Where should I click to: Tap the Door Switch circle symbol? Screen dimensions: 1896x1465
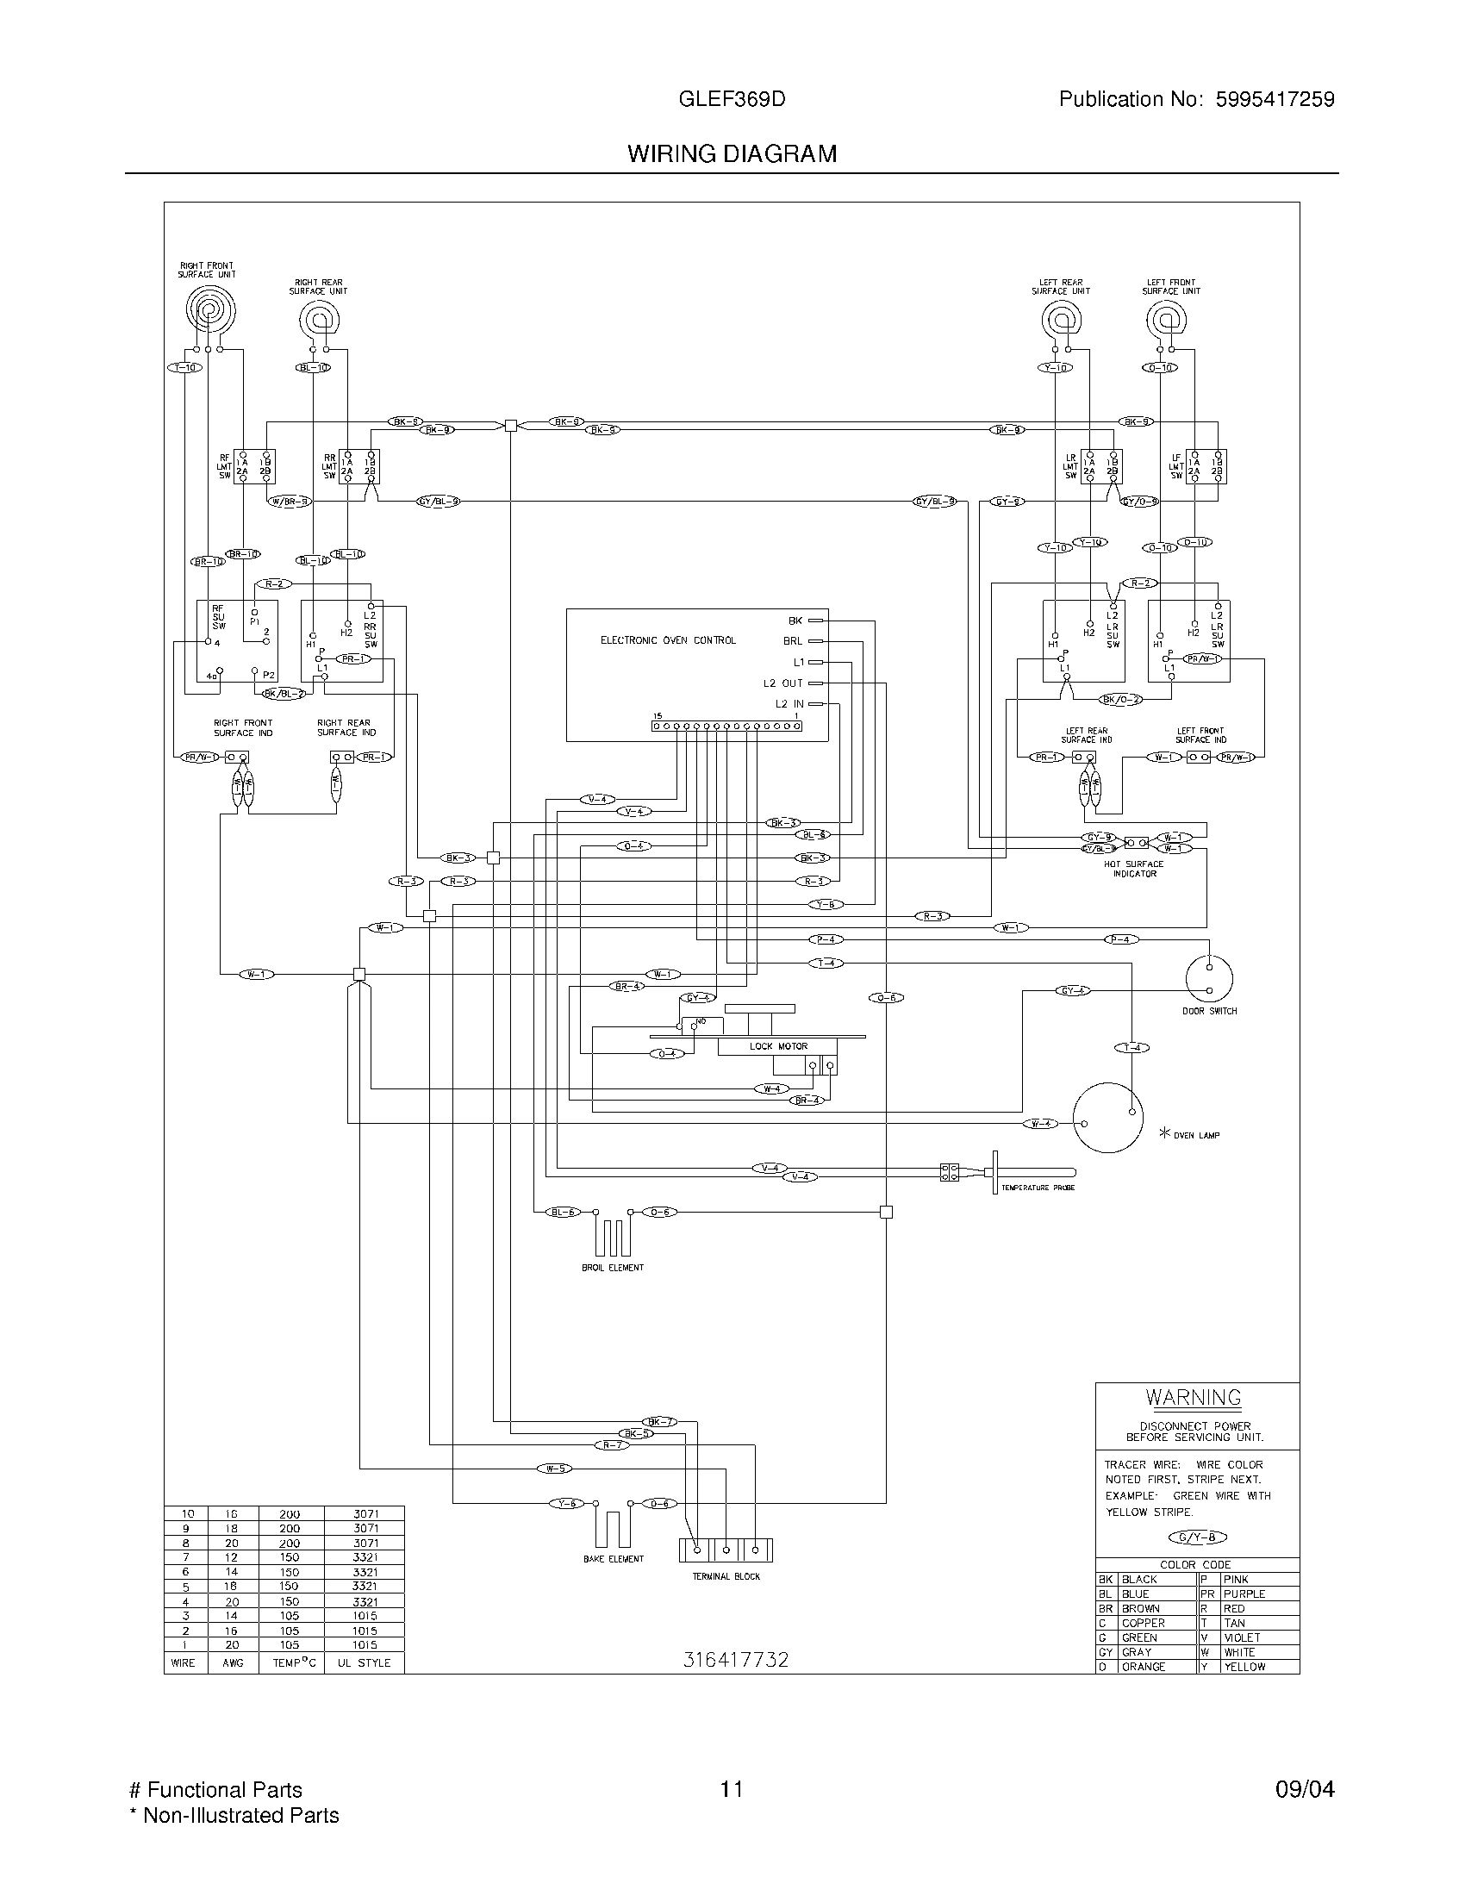coord(1209,978)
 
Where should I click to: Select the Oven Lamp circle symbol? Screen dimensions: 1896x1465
coord(1107,1117)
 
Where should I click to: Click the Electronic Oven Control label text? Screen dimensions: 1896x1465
coord(667,640)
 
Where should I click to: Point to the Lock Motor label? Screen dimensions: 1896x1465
coord(778,1046)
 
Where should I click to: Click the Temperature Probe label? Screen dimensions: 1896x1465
coord(1038,1188)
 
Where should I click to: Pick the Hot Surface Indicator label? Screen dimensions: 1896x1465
coord(1134,869)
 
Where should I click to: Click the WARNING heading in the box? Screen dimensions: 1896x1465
coord(1194,1398)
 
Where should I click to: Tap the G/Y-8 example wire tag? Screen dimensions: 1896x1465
coord(1198,1537)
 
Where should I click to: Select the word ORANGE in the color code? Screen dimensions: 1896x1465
coord(1143,1667)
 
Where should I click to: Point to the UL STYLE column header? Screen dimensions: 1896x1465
coord(364,1662)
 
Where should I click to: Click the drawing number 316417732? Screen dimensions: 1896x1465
coord(736,1660)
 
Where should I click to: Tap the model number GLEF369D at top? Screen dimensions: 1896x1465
coord(732,100)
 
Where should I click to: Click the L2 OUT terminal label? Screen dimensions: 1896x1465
coord(782,683)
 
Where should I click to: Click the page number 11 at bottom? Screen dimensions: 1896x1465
coord(732,1790)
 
